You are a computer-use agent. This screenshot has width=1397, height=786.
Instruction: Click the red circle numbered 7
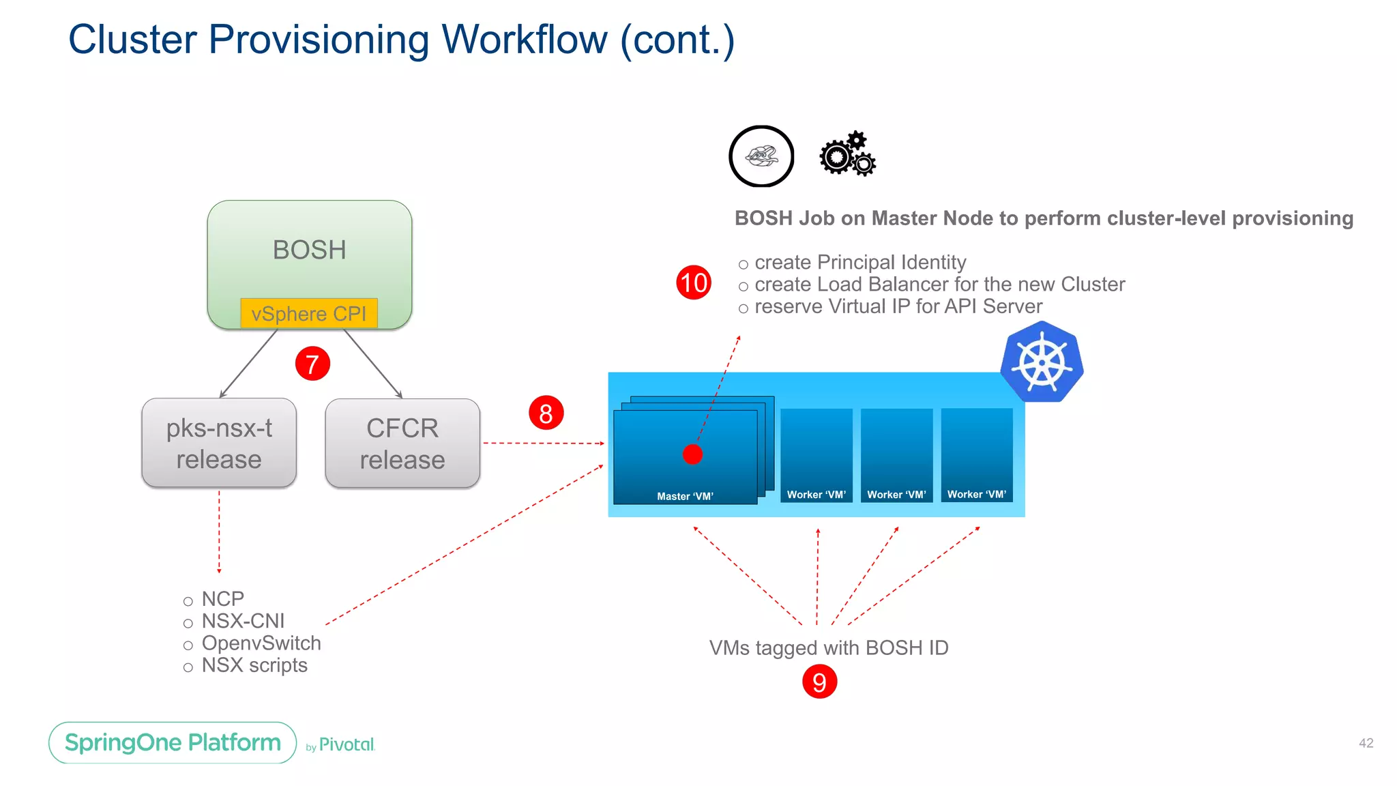point(312,364)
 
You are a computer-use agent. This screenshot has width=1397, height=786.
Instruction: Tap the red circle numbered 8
point(546,413)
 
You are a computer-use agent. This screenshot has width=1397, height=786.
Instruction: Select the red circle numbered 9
point(819,682)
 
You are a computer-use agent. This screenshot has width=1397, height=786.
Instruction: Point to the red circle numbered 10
point(694,282)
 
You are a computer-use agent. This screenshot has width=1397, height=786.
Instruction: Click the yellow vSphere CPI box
point(309,313)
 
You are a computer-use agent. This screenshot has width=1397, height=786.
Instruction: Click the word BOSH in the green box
point(309,250)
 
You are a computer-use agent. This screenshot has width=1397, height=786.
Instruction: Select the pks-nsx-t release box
point(219,443)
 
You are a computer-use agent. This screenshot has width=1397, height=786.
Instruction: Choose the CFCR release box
point(402,443)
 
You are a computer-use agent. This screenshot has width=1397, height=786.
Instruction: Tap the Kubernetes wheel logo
point(1042,362)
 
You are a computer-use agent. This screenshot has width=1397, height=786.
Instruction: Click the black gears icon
point(847,154)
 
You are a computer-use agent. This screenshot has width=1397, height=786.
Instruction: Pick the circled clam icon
point(761,156)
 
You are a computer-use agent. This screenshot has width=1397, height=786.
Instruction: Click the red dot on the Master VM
point(692,454)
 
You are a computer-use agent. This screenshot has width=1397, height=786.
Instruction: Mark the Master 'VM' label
point(685,496)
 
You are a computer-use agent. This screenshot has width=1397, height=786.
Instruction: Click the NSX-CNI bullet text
point(243,621)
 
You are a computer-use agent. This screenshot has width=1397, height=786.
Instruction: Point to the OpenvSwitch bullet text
point(261,643)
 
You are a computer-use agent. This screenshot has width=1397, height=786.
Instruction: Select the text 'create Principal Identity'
point(860,262)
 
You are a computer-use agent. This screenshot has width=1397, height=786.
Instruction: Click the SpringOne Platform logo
point(173,742)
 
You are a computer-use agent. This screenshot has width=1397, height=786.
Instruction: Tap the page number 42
point(1366,743)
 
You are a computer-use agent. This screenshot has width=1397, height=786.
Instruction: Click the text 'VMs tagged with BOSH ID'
point(829,647)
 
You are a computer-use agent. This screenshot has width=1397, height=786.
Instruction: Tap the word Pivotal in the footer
point(347,744)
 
